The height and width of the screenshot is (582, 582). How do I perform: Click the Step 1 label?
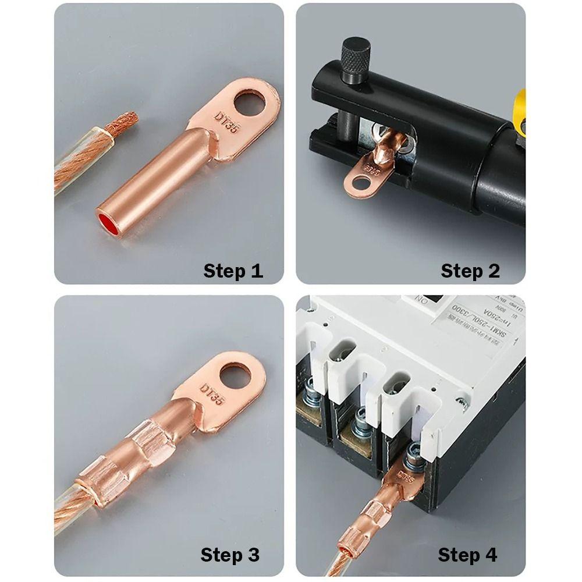(233, 271)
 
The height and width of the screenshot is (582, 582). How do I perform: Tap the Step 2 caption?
(470, 271)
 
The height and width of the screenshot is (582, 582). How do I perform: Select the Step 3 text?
(230, 555)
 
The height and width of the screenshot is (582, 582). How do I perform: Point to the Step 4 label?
(467, 555)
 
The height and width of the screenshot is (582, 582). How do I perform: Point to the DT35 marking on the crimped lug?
(211, 395)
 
